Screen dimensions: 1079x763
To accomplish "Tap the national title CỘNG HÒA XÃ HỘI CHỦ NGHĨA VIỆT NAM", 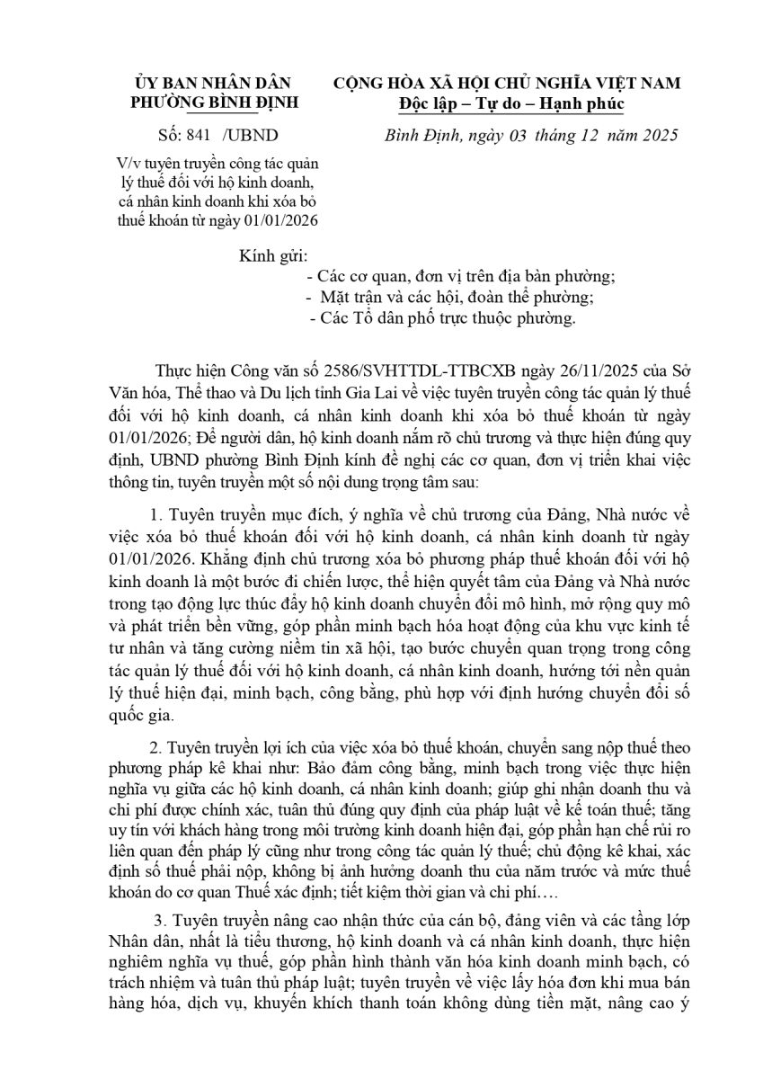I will [x=507, y=83].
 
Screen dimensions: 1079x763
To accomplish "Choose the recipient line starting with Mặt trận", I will [x=450, y=297].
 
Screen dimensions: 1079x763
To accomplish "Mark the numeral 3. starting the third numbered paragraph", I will [x=162, y=922].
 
